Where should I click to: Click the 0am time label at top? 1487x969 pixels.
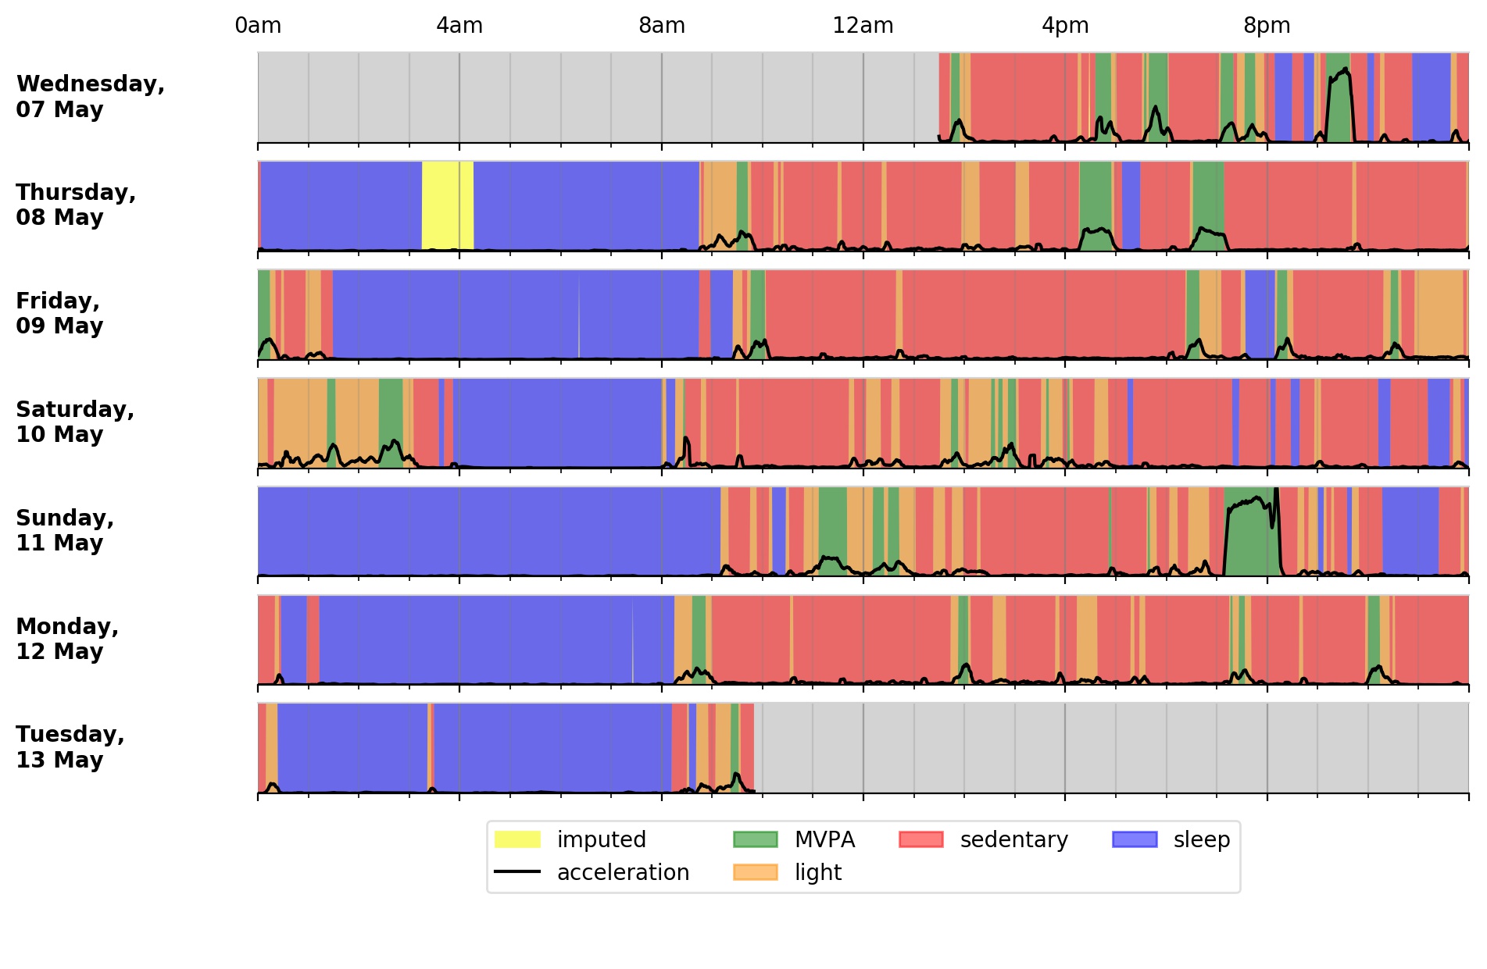[258, 26]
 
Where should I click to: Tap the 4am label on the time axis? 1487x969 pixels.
[459, 26]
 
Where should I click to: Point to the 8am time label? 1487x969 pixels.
[662, 26]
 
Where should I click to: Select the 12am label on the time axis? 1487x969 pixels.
[863, 26]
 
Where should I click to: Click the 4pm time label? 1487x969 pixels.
[1065, 26]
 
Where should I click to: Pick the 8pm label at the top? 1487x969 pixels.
[1267, 26]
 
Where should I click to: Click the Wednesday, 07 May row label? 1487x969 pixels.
[90, 96]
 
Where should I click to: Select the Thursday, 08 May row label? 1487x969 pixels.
[76, 205]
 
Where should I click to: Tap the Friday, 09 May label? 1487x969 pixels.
[59, 313]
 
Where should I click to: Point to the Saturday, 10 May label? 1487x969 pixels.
[75, 422]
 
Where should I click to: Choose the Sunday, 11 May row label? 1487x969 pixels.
[65, 530]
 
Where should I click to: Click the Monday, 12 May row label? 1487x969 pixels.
[67, 639]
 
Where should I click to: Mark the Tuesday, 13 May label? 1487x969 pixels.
[70, 746]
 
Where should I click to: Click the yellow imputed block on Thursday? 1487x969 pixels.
[447, 205]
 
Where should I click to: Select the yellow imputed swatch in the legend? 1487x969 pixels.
[517, 839]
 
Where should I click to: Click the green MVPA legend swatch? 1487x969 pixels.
[755, 839]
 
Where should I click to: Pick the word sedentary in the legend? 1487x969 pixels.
[1013, 839]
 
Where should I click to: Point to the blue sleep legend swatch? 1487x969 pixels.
[1134, 839]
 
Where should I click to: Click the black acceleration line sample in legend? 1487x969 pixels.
[517, 871]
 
